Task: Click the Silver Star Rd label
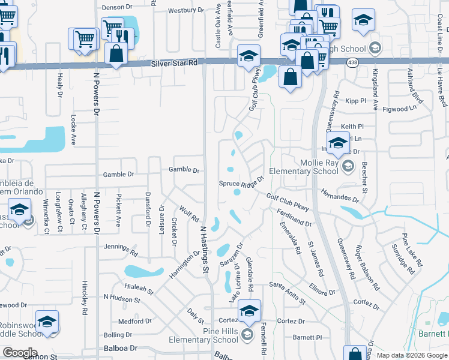(x=174, y=62)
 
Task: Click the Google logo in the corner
(x=19, y=353)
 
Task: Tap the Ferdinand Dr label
(x=292, y=218)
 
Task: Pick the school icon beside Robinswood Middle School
(x=47, y=322)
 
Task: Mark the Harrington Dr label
(x=184, y=265)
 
